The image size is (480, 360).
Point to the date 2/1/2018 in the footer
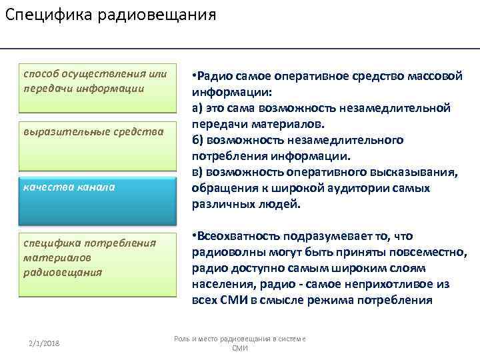45,343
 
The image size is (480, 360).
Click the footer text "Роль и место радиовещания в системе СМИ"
239,343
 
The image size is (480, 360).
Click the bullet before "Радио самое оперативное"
194,75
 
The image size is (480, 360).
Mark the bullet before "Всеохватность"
194,236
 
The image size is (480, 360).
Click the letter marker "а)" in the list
197,108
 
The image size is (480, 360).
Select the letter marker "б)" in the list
198,140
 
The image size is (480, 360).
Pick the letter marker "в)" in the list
197,173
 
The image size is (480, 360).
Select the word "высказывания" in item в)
420,173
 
